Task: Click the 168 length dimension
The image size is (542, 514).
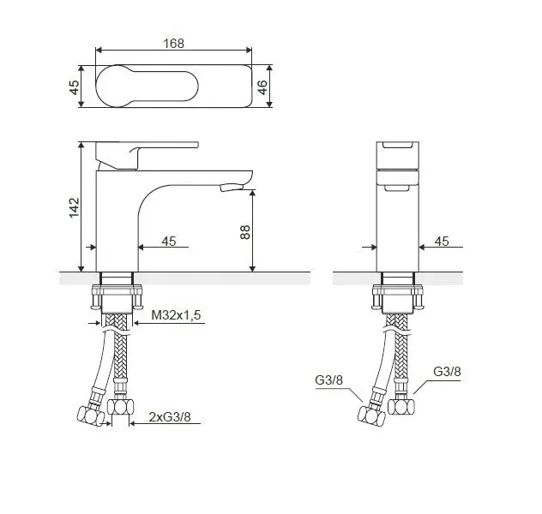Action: tap(173, 44)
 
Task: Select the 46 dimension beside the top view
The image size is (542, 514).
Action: tap(262, 87)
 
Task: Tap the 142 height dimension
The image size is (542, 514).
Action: tap(75, 207)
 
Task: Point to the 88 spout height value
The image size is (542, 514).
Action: tap(244, 232)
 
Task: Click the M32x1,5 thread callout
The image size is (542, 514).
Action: tap(176, 314)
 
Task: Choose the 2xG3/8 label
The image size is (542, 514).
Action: tap(170, 416)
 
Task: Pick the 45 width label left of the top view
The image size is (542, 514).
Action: tap(75, 87)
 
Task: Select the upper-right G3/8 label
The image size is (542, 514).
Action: tap(447, 372)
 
